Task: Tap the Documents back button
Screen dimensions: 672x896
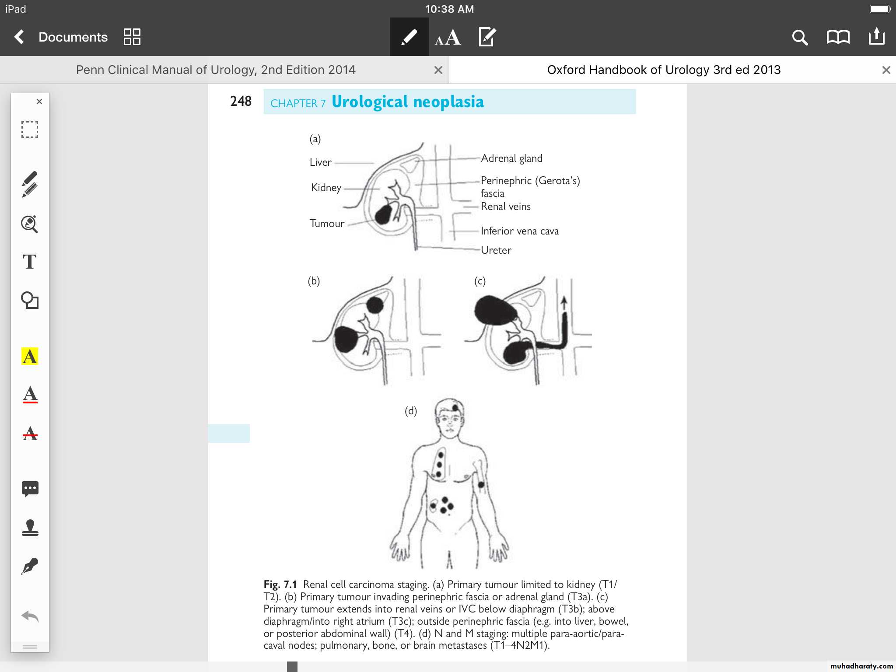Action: coord(61,37)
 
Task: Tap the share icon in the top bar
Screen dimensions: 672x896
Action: coord(876,37)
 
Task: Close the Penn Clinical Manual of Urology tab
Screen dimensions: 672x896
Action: coord(438,70)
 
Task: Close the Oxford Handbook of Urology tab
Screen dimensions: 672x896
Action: coord(886,70)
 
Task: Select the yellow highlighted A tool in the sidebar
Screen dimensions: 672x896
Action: coord(30,356)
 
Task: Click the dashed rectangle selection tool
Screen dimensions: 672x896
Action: coord(30,129)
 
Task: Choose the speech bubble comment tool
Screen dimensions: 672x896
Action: coord(30,488)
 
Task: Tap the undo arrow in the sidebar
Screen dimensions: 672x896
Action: coord(30,616)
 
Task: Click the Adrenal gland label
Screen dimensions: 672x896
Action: coord(511,158)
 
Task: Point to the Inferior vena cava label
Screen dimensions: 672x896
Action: coord(519,231)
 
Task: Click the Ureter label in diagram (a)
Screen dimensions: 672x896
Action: coord(496,250)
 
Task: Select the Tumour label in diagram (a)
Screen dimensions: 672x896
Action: coord(327,224)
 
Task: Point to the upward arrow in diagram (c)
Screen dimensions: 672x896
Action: coord(564,303)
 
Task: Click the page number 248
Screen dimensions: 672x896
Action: coord(241,101)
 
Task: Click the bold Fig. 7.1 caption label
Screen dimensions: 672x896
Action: coord(280,584)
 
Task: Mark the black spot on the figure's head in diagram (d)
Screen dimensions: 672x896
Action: coord(455,408)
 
